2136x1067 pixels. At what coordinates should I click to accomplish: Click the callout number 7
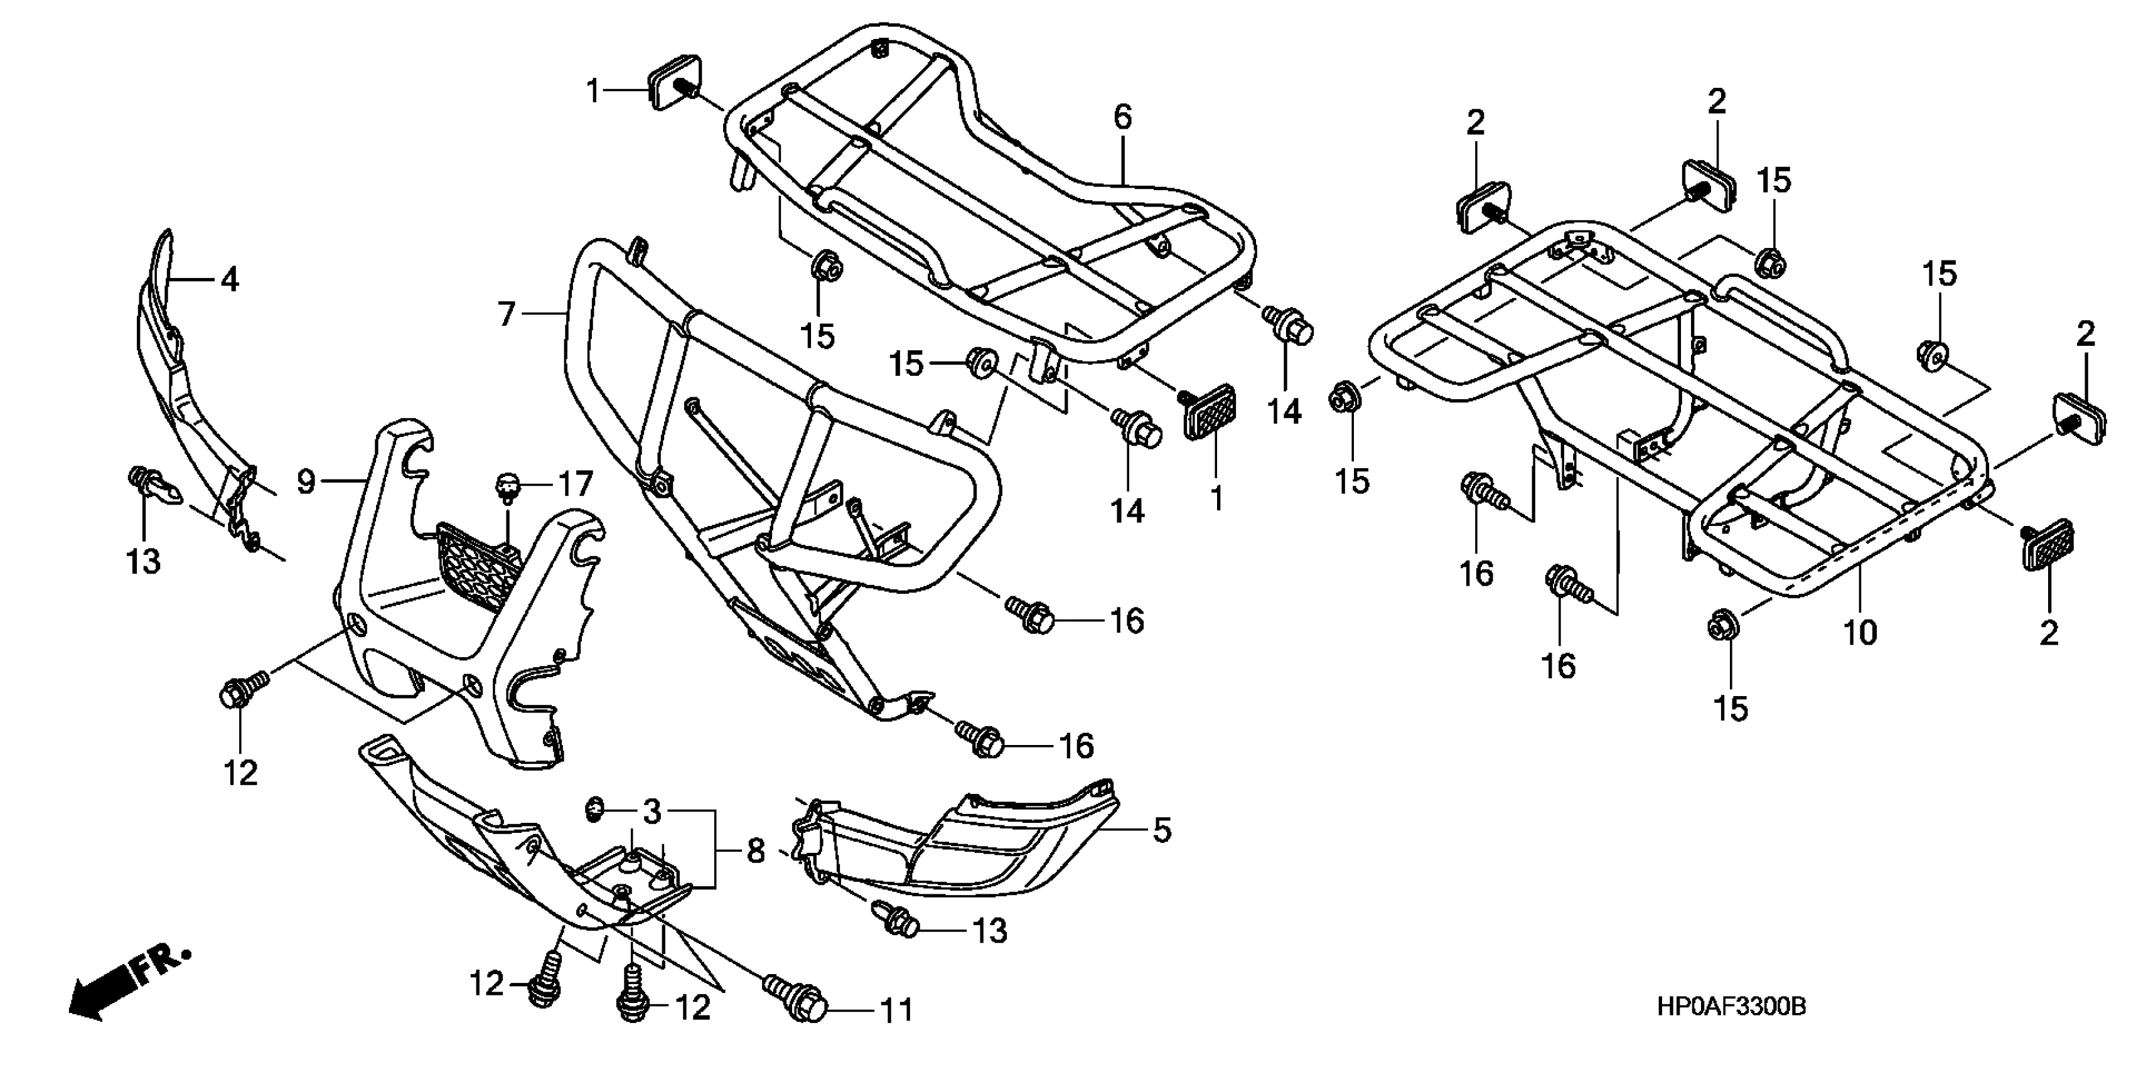[x=507, y=314]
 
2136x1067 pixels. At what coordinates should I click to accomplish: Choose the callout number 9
[x=306, y=481]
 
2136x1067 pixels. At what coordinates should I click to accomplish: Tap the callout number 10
[x=1859, y=633]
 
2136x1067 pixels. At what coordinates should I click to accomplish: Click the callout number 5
[x=1162, y=830]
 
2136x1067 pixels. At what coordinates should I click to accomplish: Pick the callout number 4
[x=230, y=280]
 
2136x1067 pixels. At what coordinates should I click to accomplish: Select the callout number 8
[x=755, y=852]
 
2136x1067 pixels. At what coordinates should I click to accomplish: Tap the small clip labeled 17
[x=507, y=486]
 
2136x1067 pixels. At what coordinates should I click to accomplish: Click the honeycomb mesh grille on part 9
[x=477, y=566]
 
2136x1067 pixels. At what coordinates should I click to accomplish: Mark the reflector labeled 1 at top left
[x=672, y=82]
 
